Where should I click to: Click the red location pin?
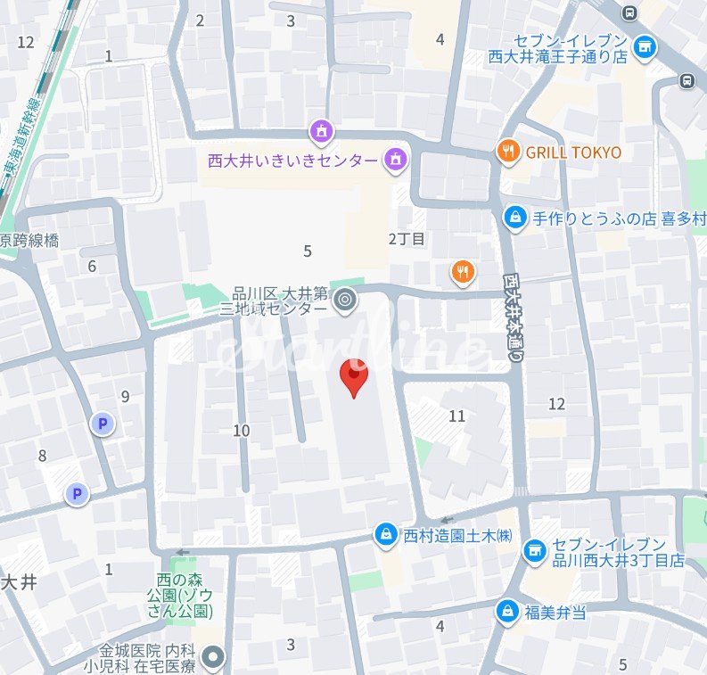pos(355,375)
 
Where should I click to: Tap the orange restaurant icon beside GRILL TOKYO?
pos(507,152)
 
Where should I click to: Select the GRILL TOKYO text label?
pos(573,152)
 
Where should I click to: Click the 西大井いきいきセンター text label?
pos(292,161)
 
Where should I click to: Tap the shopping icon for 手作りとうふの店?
pos(514,216)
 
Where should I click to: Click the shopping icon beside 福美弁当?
pos(506,611)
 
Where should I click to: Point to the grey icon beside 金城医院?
pos(212,658)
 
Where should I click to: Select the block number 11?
pos(457,416)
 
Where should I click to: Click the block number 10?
pos(241,431)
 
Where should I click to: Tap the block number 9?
pos(125,397)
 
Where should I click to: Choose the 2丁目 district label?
pos(407,238)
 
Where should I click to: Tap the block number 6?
pos(92,266)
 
